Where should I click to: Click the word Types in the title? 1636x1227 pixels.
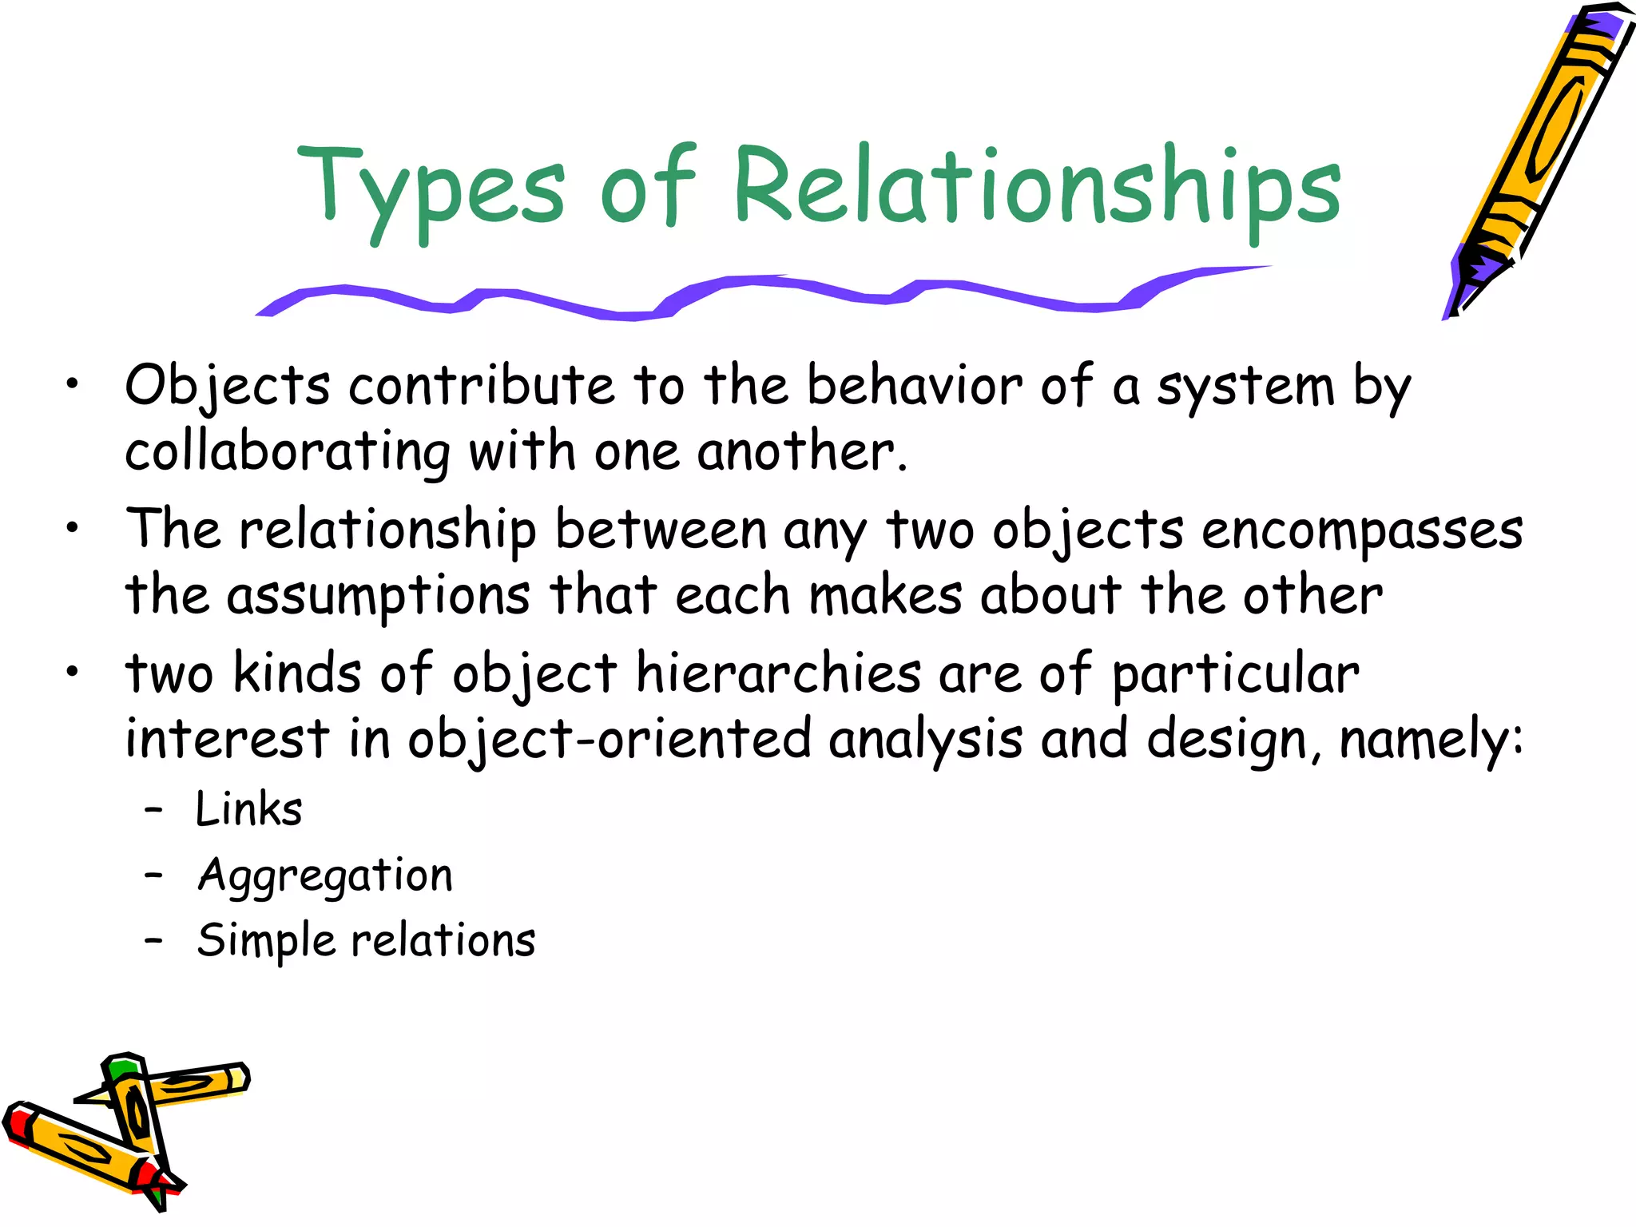431,188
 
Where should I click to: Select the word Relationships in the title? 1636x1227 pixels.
1036,188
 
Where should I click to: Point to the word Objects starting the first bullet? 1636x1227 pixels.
228,387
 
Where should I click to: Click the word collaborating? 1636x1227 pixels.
288,452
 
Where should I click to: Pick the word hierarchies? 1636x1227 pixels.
779,673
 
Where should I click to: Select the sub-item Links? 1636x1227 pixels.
248,809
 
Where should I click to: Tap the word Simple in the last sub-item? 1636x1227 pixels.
266,941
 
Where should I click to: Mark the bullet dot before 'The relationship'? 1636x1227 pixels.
73,528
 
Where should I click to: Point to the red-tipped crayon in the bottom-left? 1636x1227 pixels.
80,1150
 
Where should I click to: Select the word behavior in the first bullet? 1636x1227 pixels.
914,387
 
